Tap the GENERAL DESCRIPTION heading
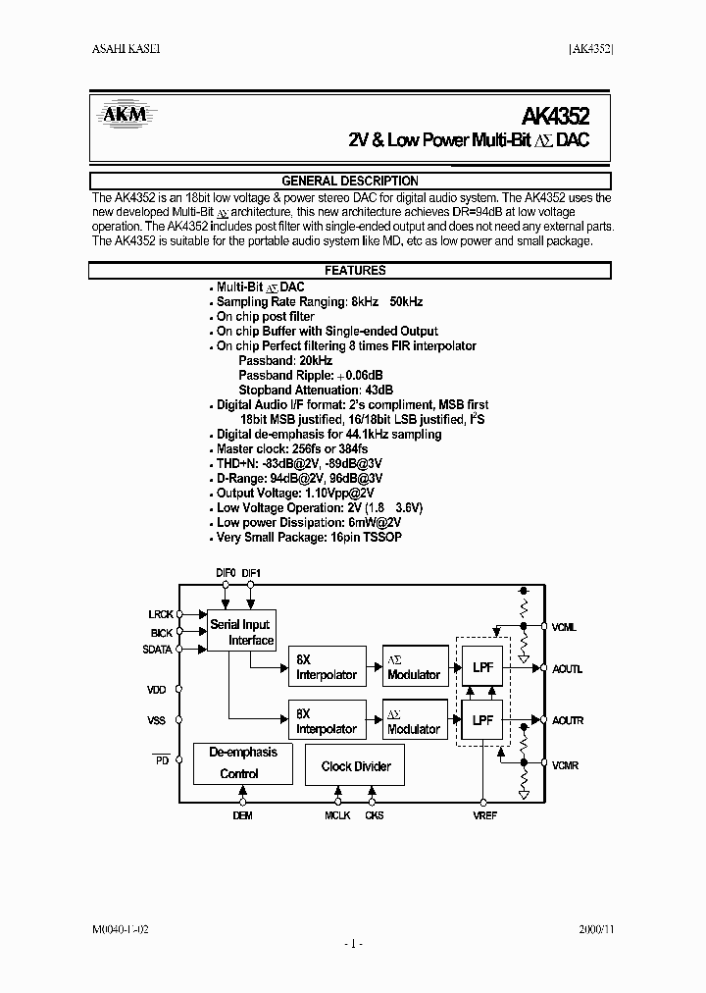click(350, 181)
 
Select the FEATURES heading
click(354, 270)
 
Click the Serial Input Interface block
click(240, 632)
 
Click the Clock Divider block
click(355, 766)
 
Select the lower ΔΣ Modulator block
click(413, 721)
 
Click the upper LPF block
click(482, 667)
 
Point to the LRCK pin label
click(161, 614)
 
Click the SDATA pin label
click(159, 649)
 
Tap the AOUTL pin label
click(567, 669)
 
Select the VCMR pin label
click(565, 765)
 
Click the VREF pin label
click(484, 814)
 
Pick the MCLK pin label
click(338, 814)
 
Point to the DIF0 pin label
click(226, 572)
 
